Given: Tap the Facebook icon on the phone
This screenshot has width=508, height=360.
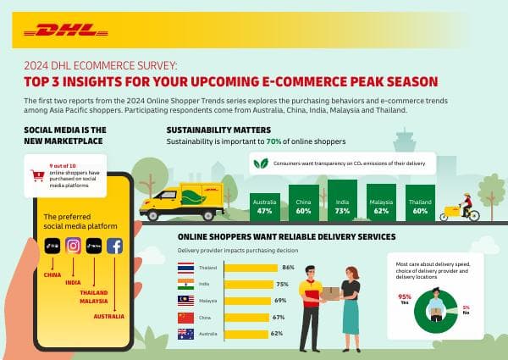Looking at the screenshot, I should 114,246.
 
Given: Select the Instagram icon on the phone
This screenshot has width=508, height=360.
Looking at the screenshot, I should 74,246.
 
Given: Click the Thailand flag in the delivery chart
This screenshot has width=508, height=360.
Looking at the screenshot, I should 185,268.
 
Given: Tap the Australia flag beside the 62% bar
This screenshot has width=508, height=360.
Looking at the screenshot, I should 185,334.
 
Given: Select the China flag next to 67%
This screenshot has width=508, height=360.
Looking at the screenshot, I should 185,317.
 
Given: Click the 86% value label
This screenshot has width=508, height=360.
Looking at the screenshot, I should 287,268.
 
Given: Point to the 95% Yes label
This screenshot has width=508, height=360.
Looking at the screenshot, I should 404,298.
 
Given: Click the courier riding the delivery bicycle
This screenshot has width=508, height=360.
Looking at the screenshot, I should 467,208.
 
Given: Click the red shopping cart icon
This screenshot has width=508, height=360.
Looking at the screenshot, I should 37,177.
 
